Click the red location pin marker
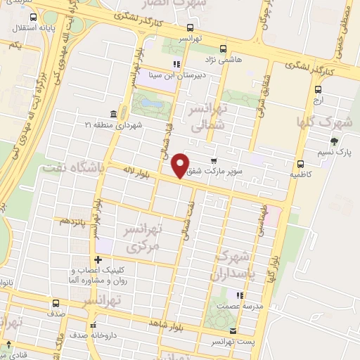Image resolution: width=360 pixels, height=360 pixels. point(181,165)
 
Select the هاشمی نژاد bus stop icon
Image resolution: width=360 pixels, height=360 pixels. point(223,49)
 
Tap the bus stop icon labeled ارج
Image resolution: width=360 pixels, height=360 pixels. point(319,89)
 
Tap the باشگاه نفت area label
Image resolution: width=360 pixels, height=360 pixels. point(72,167)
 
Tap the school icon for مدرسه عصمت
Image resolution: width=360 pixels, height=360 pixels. point(240,295)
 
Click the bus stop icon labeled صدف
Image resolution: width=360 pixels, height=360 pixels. point(56,303)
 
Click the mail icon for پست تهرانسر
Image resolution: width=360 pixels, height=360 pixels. point(233,330)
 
